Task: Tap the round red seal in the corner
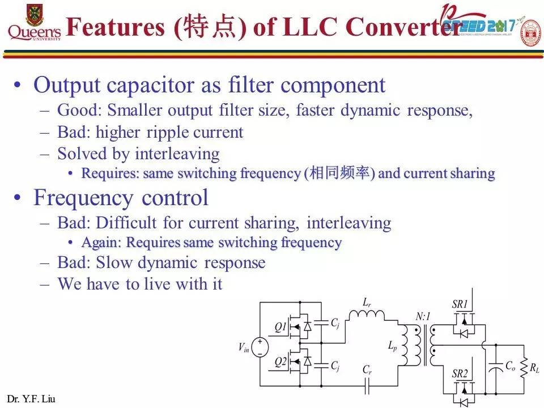pyautogui.click(x=530, y=33)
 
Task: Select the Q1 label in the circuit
pyautogui.click(x=280, y=327)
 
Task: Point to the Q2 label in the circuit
pyautogui.click(x=280, y=362)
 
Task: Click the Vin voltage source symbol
pyautogui.click(x=260, y=346)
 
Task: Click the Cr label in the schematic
pyautogui.click(x=367, y=370)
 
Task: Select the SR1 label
pyautogui.click(x=460, y=304)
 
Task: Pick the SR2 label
pyautogui.click(x=460, y=373)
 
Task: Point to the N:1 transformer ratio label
pyautogui.click(x=423, y=317)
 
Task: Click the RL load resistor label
pyautogui.click(x=534, y=369)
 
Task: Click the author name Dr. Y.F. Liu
pyautogui.click(x=31, y=399)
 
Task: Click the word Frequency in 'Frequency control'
pyautogui.click(x=83, y=198)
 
